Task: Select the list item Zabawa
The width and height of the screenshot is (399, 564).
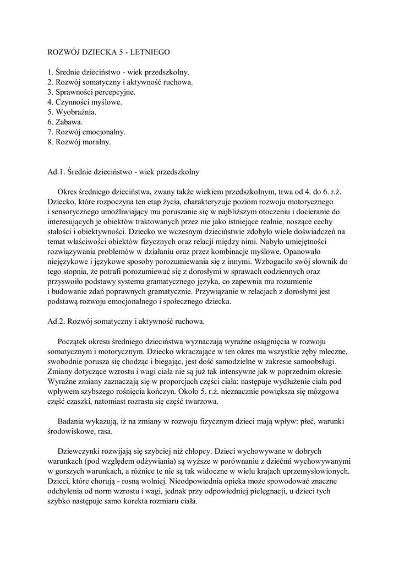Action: (69, 122)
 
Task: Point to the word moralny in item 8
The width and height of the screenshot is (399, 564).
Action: (96, 142)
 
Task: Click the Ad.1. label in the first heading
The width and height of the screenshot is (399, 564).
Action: (56, 172)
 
